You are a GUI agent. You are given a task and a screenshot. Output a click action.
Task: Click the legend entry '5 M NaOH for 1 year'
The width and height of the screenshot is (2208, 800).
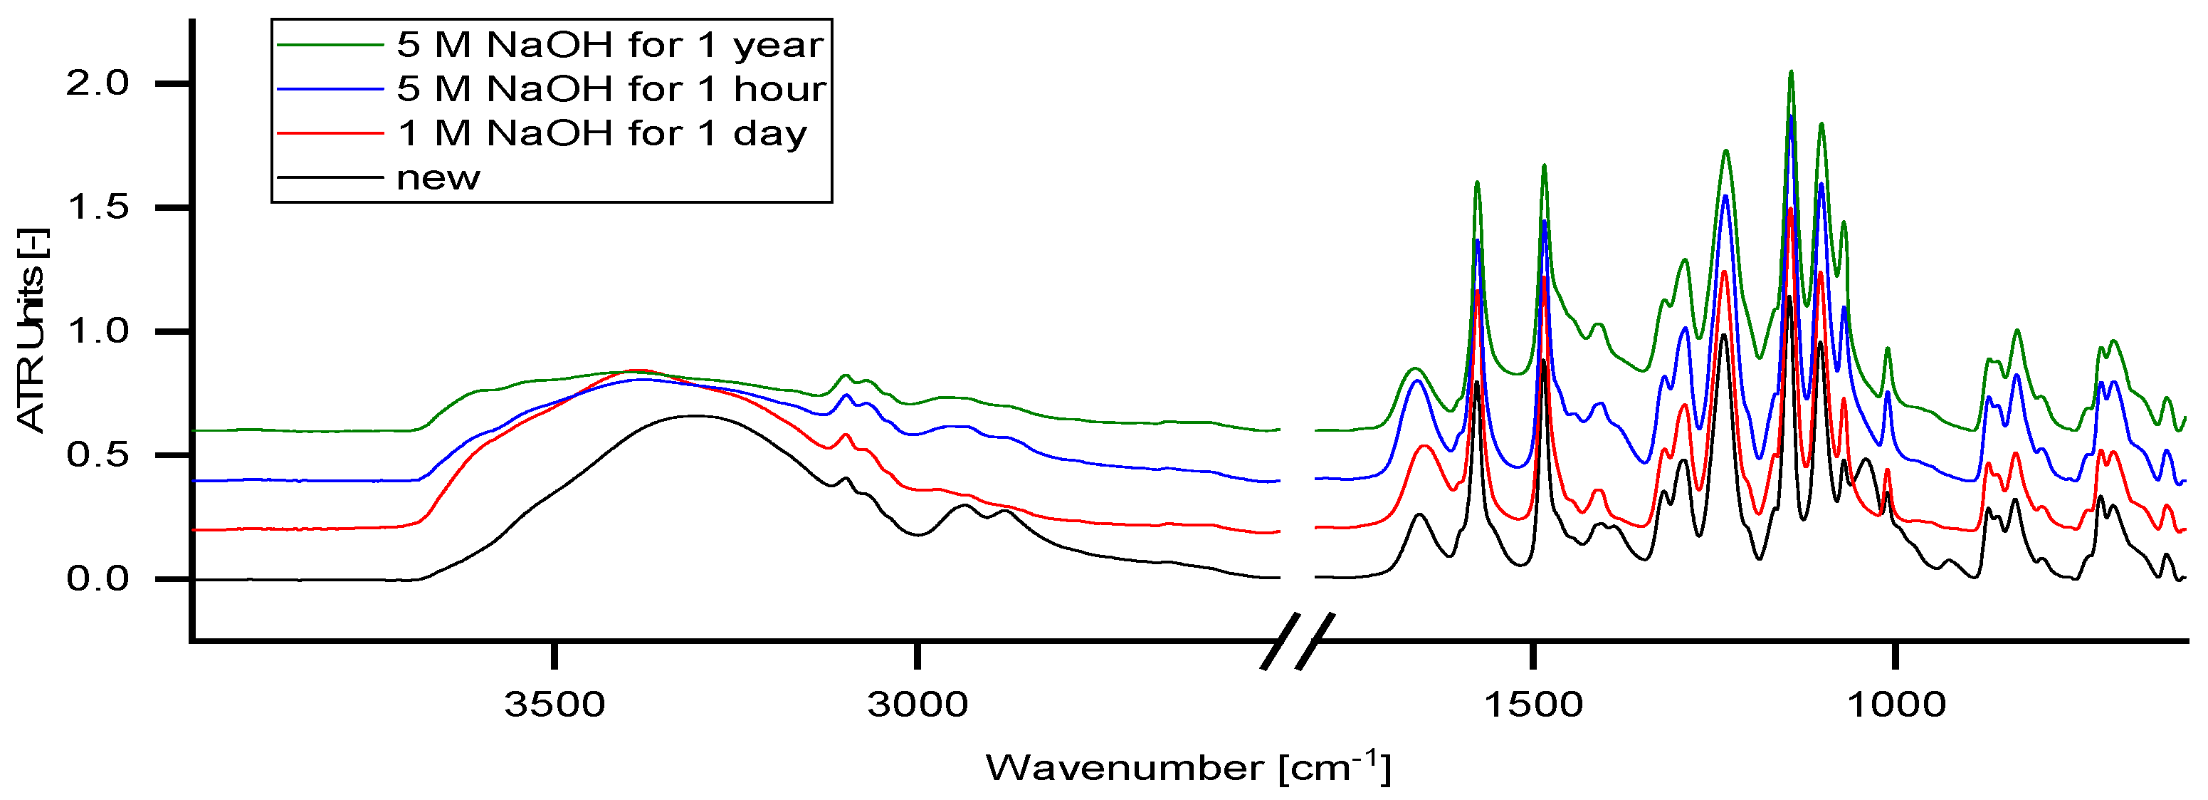[x=609, y=46]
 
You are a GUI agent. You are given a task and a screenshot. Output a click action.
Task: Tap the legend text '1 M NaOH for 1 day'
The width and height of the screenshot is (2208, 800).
[x=601, y=134]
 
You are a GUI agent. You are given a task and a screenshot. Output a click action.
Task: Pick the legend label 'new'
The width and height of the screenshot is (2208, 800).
[x=438, y=178]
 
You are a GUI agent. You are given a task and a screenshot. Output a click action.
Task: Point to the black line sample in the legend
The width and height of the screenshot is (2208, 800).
[x=329, y=178]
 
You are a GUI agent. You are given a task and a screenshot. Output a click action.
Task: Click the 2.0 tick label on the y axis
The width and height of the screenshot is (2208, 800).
[x=97, y=84]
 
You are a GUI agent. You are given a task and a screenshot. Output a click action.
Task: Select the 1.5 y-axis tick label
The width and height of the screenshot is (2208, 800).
[x=97, y=207]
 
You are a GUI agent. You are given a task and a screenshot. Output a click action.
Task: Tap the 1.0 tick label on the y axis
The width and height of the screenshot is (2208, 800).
[x=97, y=331]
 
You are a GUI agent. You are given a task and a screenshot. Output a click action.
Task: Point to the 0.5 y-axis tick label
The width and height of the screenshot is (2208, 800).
[x=97, y=455]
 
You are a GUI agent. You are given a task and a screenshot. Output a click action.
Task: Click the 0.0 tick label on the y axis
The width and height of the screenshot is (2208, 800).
[x=97, y=580]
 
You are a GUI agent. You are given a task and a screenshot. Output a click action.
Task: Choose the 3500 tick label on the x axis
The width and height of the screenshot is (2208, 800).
[x=554, y=705]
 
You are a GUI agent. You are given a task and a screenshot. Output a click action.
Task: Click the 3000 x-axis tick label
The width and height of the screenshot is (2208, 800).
[x=917, y=705]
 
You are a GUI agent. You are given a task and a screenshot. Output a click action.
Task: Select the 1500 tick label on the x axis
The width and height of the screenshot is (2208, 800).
[x=1533, y=705]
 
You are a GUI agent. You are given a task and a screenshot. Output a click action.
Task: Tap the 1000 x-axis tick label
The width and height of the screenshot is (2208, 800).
[x=1895, y=705]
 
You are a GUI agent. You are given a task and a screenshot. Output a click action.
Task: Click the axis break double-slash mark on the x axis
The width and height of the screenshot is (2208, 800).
[x=1298, y=640]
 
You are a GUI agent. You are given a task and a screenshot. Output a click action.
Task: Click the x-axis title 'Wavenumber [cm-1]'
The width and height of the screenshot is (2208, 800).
[x=1188, y=767]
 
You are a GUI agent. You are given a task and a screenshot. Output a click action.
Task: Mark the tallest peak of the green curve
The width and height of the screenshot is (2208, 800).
[x=1791, y=73]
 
